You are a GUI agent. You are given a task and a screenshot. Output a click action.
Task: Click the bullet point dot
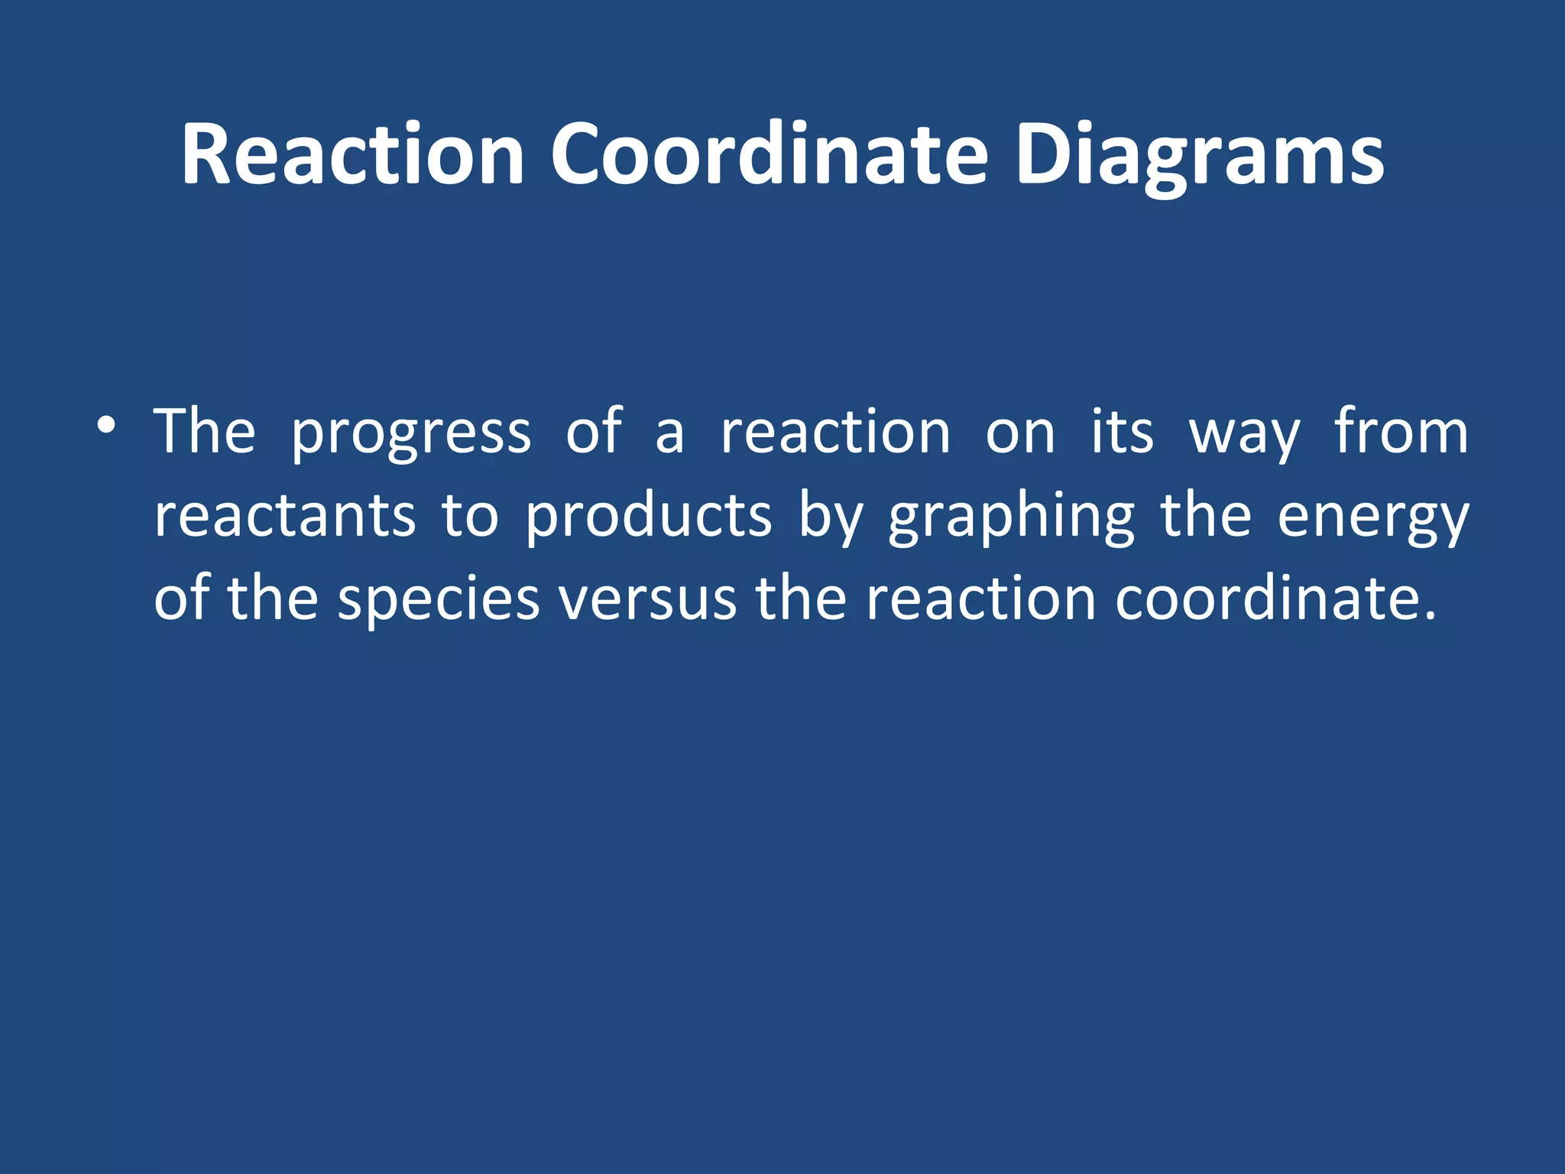click(x=106, y=425)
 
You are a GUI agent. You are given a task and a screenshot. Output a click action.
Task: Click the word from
click(x=1401, y=432)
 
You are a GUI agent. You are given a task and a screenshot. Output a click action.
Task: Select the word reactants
click(x=285, y=516)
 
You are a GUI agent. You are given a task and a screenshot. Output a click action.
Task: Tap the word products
click(x=649, y=516)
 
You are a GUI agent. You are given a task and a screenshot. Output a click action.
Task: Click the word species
click(x=439, y=600)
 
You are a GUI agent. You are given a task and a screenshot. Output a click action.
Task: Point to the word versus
click(x=648, y=600)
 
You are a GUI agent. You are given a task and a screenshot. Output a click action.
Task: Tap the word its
click(x=1122, y=433)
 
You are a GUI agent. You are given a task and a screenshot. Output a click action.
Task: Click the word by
click(x=831, y=517)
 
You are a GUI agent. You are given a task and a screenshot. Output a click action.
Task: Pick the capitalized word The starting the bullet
click(x=204, y=432)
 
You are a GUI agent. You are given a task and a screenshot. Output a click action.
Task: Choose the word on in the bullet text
click(x=1020, y=434)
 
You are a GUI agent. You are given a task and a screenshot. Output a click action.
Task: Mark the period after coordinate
click(x=1430, y=615)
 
